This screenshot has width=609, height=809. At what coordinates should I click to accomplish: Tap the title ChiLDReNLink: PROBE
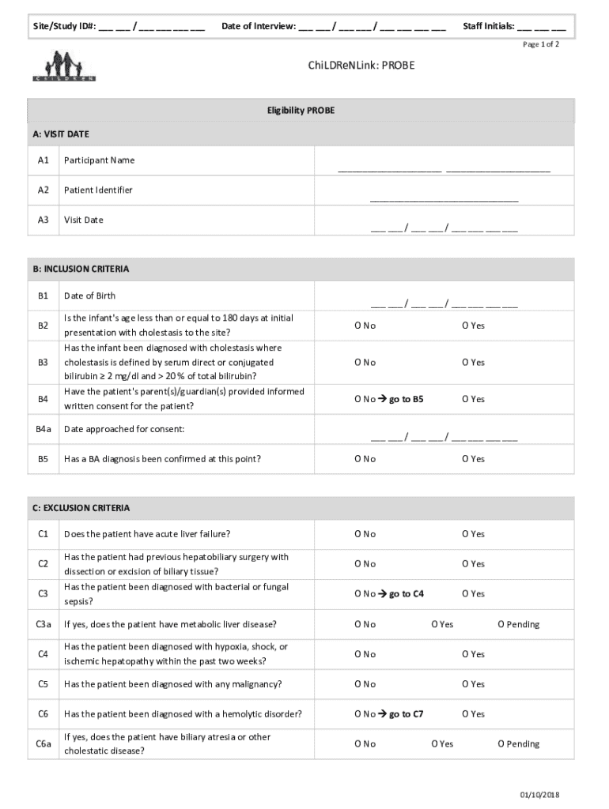point(361,66)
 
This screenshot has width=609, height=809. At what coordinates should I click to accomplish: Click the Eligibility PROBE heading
point(301,111)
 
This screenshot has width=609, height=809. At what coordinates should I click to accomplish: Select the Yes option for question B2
point(473,325)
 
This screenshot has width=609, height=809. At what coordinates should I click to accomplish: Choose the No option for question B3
point(365,363)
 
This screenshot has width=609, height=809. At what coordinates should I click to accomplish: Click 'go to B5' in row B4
point(406,399)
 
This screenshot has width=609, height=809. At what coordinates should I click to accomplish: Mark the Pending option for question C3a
point(518,624)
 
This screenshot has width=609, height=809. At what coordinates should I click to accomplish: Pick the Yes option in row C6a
point(442,743)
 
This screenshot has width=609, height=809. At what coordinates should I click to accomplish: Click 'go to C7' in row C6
point(406,714)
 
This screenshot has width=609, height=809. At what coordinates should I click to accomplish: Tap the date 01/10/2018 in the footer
point(539,795)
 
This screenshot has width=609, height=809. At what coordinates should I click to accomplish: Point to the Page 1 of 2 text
point(541,45)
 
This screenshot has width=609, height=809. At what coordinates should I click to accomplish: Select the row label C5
point(43,684)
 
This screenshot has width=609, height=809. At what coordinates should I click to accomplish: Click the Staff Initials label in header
point(488,26)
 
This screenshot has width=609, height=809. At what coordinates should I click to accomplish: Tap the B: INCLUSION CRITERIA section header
point(81,269)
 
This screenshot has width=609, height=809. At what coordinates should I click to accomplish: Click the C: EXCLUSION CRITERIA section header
point(81,508)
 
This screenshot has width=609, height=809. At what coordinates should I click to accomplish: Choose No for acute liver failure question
point(365,534)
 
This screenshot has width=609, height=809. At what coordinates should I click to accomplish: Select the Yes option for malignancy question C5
point(473,684)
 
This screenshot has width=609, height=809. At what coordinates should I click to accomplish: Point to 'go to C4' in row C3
point(406,593)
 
